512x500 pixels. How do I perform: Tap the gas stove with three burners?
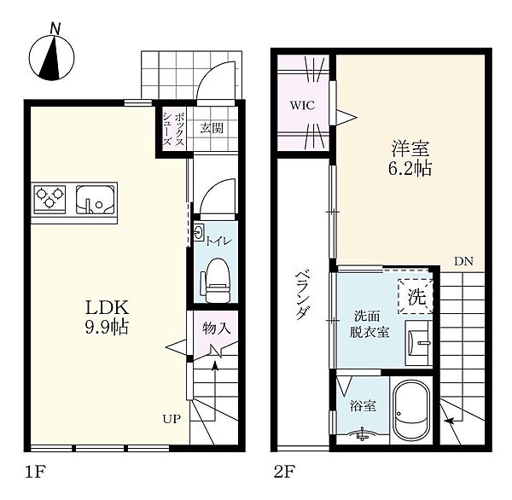[49, 199]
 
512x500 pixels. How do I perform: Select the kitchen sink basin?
[96, 200]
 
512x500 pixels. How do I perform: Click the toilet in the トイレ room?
[216, 280]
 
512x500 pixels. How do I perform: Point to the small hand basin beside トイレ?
[199, 233]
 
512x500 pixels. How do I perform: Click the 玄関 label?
[212, 128]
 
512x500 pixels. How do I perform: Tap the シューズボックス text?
[173, 130]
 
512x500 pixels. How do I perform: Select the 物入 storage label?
[216, 328]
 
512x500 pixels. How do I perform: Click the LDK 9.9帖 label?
[108, 317]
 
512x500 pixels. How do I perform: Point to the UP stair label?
[172, 419]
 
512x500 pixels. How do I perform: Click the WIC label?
[303, 106]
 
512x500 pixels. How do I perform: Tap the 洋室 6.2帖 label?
[410, 159]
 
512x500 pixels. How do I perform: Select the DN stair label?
[463, 261]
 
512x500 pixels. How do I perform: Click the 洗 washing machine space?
[416, 297]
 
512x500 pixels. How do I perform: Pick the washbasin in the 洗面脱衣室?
[419, 343]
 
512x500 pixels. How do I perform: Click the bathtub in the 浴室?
[411, 410]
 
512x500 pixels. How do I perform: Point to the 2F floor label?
[284, 472]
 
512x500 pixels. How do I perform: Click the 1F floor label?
[35, 472]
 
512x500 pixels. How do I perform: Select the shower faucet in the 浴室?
[362, 434]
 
